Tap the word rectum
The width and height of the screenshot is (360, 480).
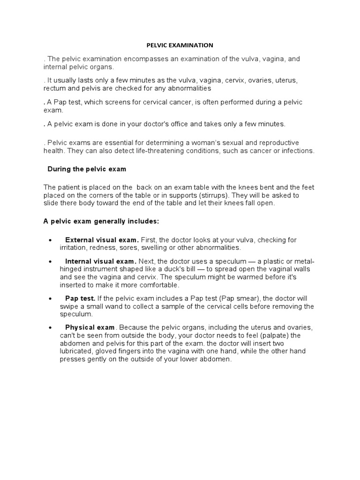point(54,88)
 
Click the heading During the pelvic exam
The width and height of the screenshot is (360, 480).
point(87,169)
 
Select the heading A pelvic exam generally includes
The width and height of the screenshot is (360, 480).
point(101,221)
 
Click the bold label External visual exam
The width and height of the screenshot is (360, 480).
point(102,240)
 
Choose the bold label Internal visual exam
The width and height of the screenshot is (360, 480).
point(101,261)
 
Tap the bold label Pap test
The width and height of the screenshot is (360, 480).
point(80,299)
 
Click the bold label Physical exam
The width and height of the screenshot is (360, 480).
point(90,327)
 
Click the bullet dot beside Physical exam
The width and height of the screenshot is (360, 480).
point(50,327)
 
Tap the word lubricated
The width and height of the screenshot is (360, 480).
point(76,352)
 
